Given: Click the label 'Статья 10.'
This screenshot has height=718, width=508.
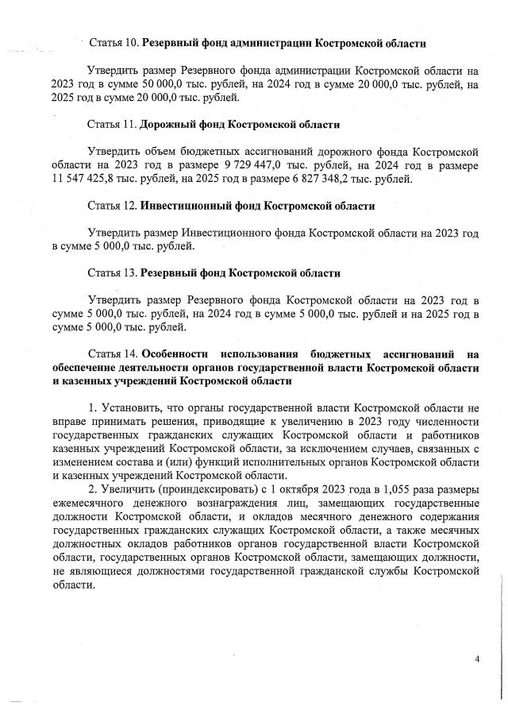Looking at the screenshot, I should point(114,41).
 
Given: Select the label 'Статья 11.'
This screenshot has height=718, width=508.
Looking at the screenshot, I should point(114,125).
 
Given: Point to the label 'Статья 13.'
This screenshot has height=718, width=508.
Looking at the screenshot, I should point(114,273).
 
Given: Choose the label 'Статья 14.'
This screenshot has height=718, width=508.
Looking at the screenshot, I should point(114,354).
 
